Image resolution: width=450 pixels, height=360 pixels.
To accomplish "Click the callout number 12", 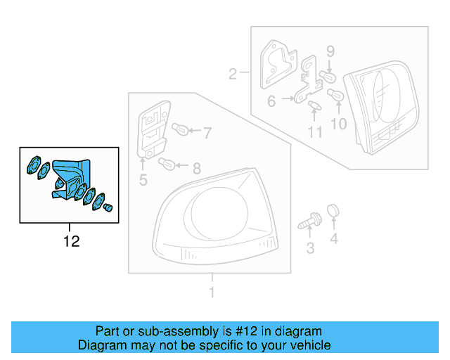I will click(x=71, y=242).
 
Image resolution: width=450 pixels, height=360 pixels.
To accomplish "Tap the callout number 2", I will click(x=233, y=73).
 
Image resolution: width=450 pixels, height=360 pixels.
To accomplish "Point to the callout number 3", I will click(x=310, y=247).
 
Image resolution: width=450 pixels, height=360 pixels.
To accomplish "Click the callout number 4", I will click(x=334, y=240).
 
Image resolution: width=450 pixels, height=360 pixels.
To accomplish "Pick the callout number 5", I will click(x=143, y=181).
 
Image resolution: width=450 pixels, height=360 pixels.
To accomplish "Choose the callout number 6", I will click(x=271, y=101).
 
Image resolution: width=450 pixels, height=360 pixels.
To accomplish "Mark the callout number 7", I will click(x=207, y=131).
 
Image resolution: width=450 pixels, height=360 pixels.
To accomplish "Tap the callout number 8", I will click(x=196, y=168).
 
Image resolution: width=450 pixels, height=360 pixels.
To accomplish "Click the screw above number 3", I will click(x=308, y=222).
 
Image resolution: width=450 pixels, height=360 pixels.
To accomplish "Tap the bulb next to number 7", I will click(x=180, y=130).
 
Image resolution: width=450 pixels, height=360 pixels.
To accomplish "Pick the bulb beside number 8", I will click(x=168, y=165).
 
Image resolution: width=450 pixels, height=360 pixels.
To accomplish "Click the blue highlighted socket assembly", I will click(x=70, y=181).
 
